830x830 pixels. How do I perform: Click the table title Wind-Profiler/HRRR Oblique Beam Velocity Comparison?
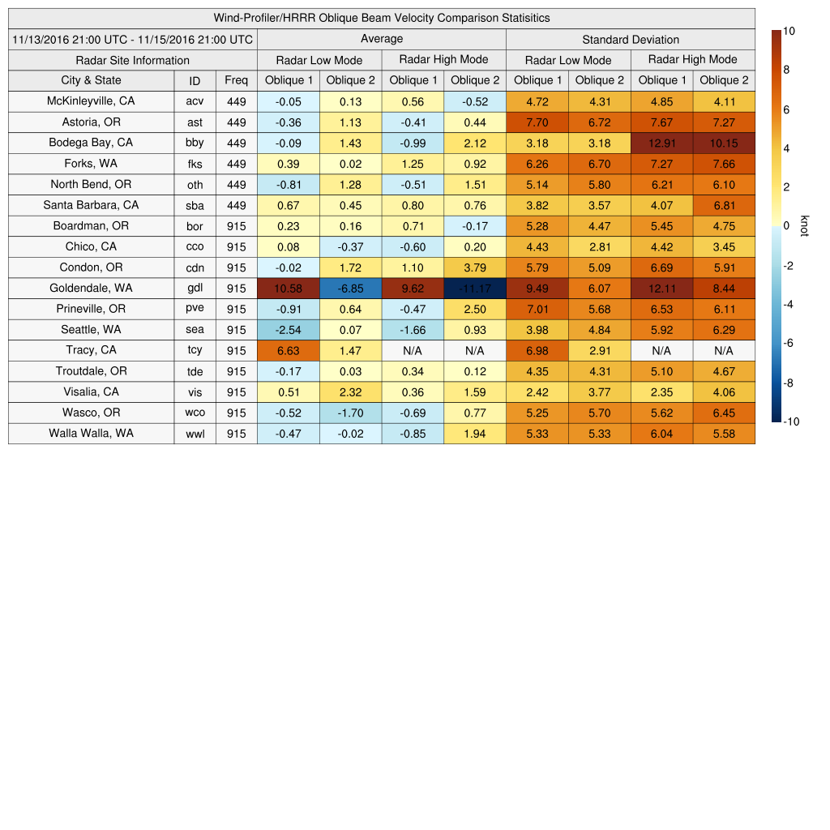pos(381,18)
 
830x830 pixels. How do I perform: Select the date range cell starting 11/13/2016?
pos(133,39)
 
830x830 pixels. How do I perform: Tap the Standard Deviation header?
pos(631,39)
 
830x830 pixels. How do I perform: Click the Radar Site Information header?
pos(133,60)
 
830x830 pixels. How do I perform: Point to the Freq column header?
pos(236,80)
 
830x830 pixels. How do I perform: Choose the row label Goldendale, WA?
pos(91,288)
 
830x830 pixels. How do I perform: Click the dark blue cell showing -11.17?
pos(474,288)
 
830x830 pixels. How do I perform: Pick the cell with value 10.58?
pos(288,288)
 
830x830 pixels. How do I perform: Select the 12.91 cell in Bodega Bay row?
pos(661,143)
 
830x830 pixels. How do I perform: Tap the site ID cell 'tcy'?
pos(195,350)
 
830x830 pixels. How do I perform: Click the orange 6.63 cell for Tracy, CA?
pos(288,350)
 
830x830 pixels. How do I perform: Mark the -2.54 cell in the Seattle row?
pos(288,330)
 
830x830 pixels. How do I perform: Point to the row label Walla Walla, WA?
pos(91,433)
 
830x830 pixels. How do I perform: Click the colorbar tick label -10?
pos(792,421)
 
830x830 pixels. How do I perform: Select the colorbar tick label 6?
pos(787,109)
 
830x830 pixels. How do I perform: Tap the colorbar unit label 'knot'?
pos(805,226)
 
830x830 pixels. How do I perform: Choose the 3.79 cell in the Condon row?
pos(474,267)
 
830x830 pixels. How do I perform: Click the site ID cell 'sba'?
pos(195,205)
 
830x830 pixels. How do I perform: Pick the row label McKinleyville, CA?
pos(91,101)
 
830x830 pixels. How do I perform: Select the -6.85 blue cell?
pos(350,288)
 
